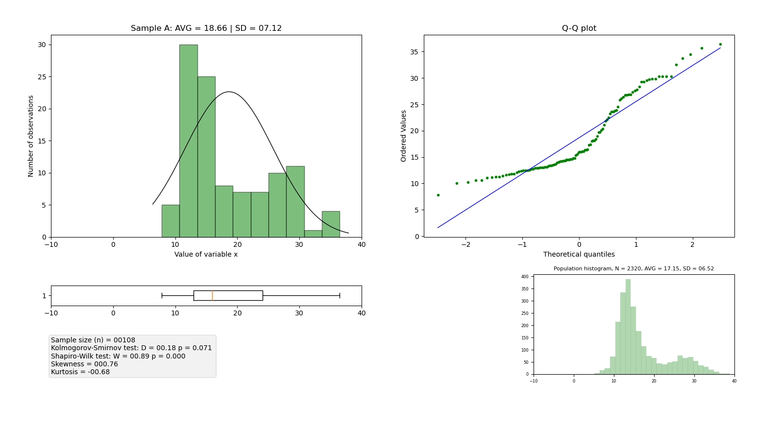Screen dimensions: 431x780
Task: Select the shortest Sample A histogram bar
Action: point(313,234)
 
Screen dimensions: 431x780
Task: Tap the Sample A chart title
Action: point(206,28)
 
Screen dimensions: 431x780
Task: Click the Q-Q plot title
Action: point(579,28)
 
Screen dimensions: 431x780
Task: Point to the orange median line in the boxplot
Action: point(212,295)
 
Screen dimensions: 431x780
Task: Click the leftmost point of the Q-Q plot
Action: point(438,195)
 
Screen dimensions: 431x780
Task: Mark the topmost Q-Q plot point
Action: point(720,45)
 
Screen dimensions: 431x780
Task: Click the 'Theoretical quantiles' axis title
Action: point(579,254)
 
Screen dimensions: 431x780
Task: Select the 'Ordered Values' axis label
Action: point(404,136)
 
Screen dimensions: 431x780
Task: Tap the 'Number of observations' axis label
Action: point(31,136)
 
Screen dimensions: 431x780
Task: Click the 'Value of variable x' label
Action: point(206,254)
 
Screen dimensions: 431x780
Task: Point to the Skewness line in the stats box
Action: point(84,364)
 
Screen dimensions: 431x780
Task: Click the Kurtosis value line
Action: point(80,372)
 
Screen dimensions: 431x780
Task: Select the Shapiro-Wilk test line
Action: point(118,356)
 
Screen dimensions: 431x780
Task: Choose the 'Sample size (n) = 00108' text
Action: point(93,340)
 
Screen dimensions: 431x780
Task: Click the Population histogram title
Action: point(634,268)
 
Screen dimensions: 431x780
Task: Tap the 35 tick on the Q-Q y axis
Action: point(416,52)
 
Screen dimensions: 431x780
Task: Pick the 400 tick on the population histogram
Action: point(525,277)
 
